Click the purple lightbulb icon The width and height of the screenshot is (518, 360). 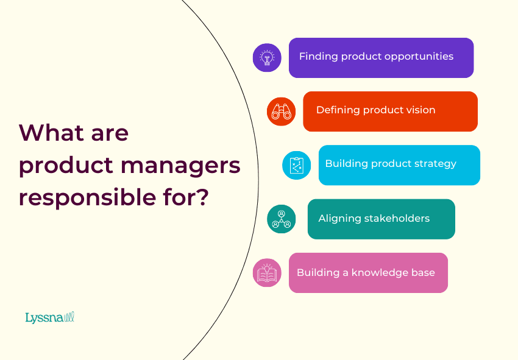point(267,58)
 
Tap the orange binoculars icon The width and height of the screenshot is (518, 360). point(281,111)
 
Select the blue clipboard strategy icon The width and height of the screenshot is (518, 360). point(297,165)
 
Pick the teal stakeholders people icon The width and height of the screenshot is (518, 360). point(282,219)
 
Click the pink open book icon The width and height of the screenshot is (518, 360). point(267,273)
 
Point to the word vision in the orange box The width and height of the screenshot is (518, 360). point(420,110)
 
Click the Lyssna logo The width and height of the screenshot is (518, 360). point(49,317)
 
